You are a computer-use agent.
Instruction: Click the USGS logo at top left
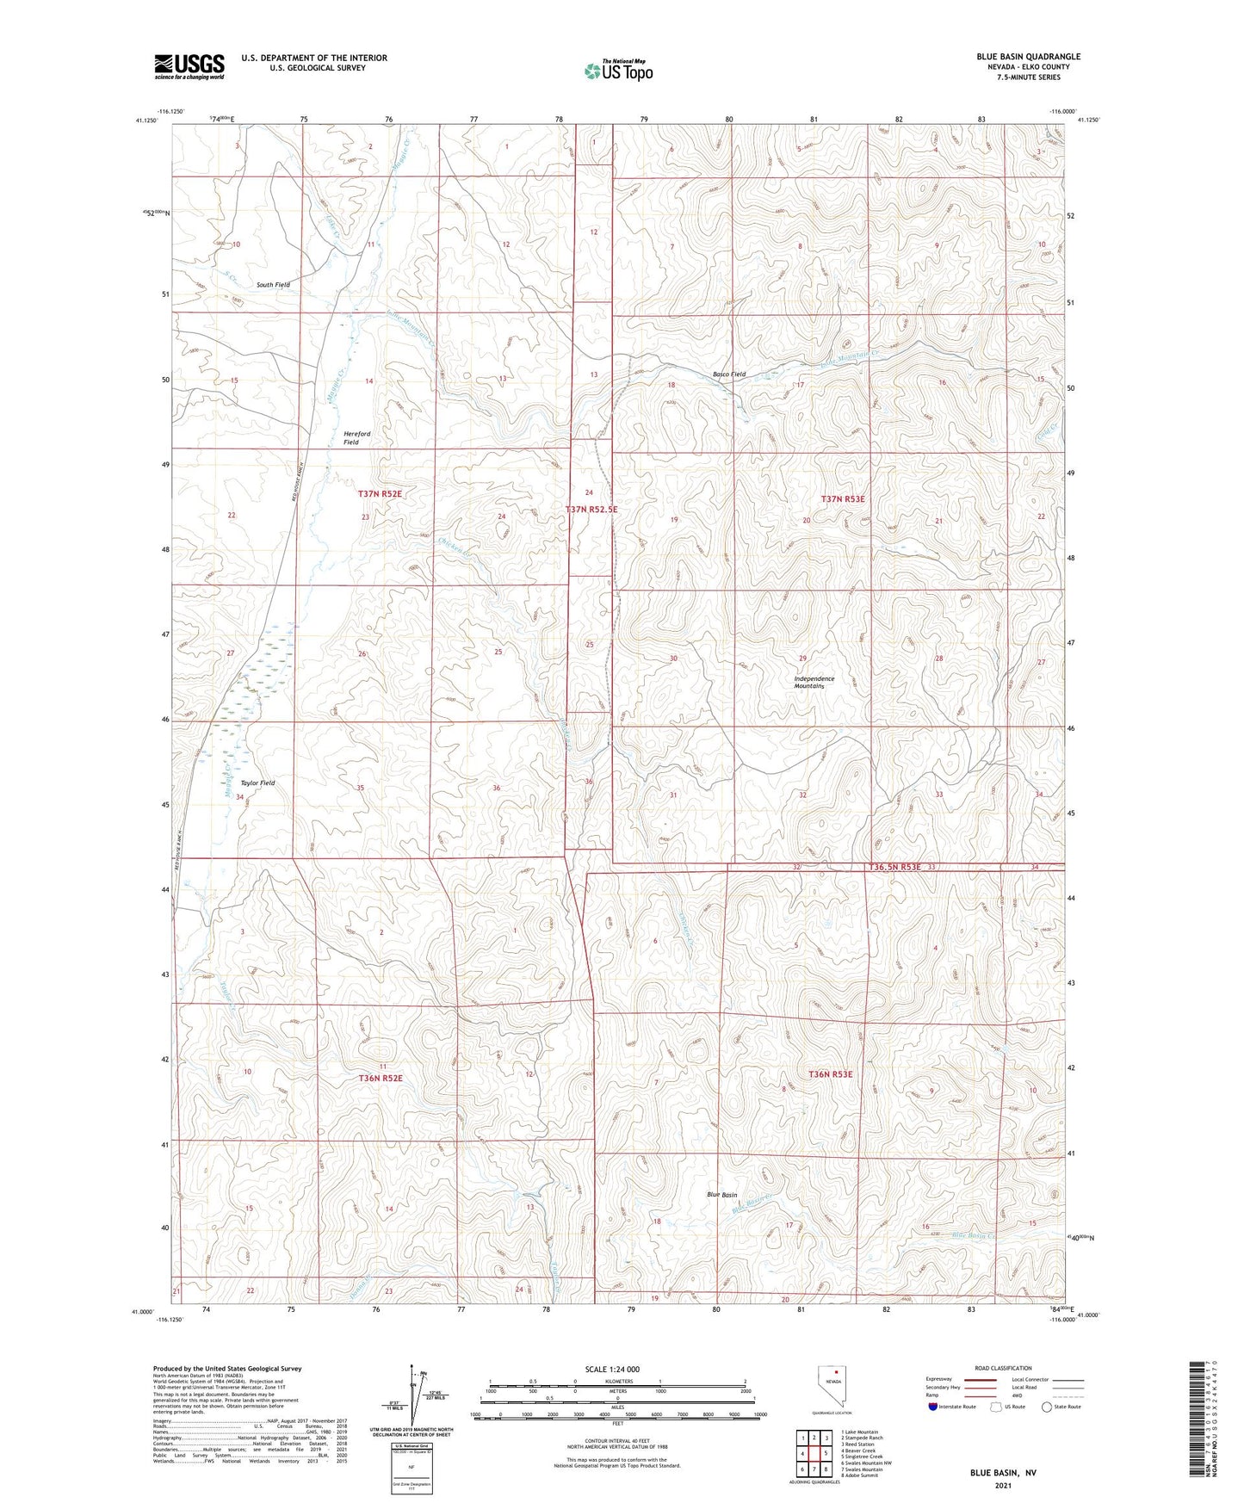click(x=189, y=66)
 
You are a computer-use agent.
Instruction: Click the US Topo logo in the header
click(x=617, y=71)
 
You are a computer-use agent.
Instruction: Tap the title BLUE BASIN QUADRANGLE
click(x=1028, y=57)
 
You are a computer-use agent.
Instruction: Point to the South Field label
click(x=273, y=285)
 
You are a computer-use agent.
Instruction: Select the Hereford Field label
click(x=357, y=438)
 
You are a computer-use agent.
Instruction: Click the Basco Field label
click(x=729, y=374)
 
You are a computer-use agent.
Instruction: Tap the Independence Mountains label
click(x=814, y=683)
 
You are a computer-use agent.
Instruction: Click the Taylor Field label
click(x=257, y=783)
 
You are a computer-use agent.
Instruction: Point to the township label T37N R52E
click(x=381, y=494)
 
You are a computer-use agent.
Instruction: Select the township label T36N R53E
click(x=831, y=1074)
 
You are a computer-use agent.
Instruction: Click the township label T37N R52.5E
click(x=591, y=510)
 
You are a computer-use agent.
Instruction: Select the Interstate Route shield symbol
click(x=933, y=1407)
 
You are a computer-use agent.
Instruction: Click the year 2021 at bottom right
click(x=1002, y=1487)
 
